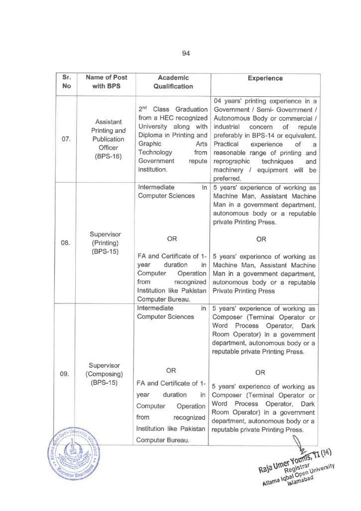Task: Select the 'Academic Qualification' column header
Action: coord(173,82)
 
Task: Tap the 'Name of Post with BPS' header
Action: coord(106,82)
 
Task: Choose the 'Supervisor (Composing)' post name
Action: coord(106,370)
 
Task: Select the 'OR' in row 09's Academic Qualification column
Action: coord(171,370)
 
